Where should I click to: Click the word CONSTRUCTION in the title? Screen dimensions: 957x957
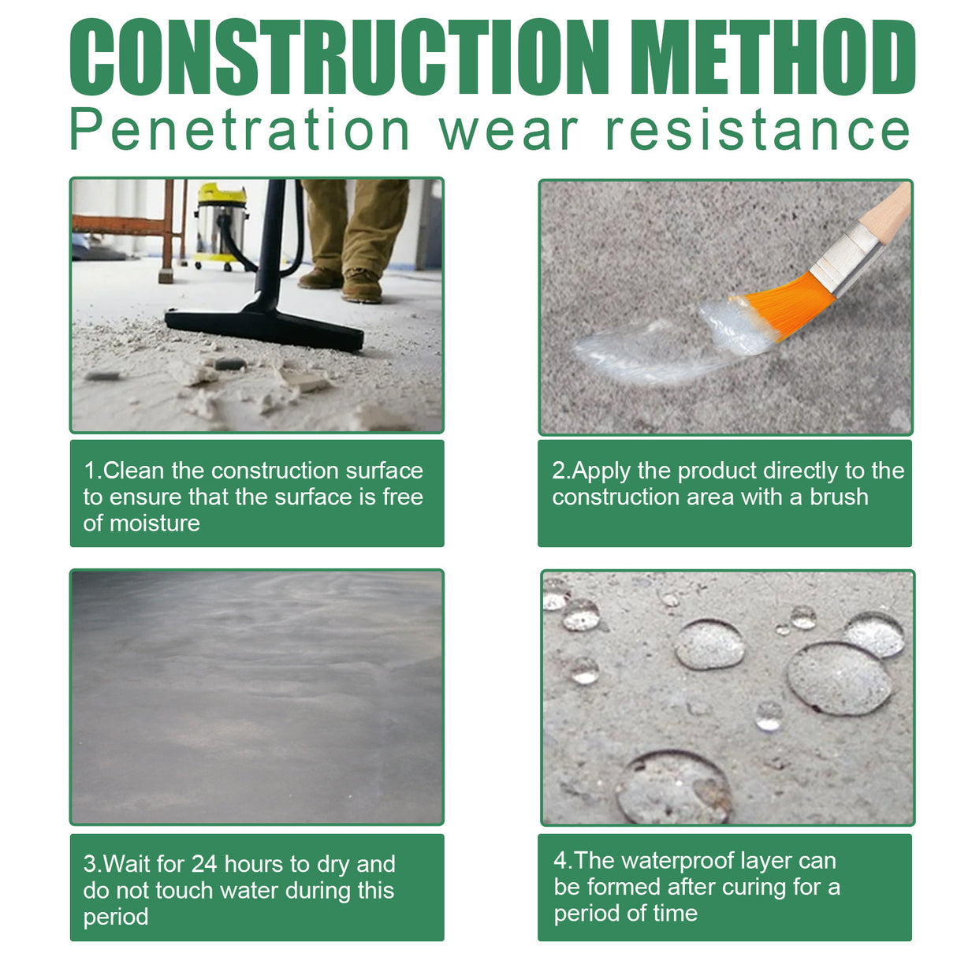pyautogui.click(x=339, y=57)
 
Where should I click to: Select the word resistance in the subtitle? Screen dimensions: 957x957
pyautogui.click(x=758, y=130)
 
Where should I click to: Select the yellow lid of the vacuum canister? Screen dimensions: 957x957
pyautogui.click(x=222, y=193)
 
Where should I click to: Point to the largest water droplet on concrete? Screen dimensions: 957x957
pyautogui.click(x=839, y=678)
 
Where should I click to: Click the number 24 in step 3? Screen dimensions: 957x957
pyautogui.click(x=204, y=865)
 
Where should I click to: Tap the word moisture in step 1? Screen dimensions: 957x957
pyautogui.click(x=155, y=523)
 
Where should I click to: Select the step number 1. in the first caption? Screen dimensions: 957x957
pyautogui.click(x=92, y=471)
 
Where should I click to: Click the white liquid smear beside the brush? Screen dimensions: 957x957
pyautogui.click(x=646, y=347)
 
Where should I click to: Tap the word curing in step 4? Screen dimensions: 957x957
pyautogui.click(x=754, y=888)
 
